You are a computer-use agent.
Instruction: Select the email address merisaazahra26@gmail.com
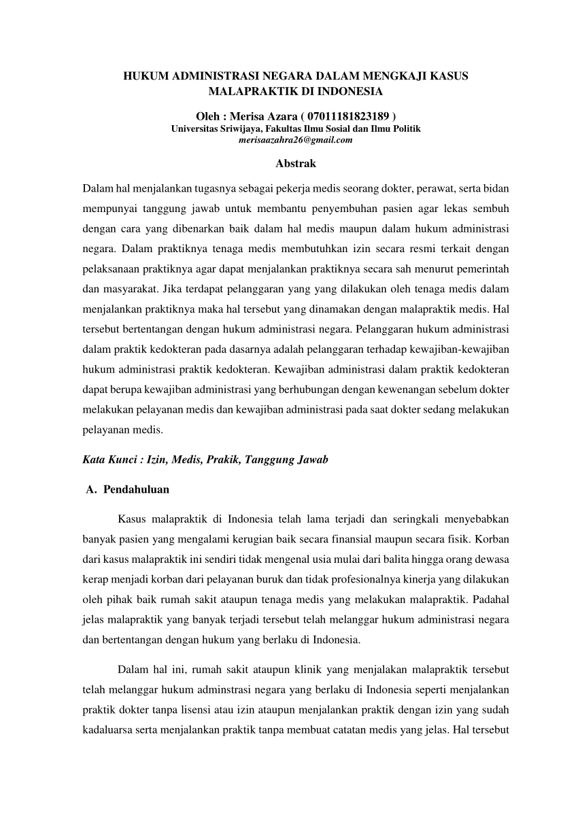point(296,141)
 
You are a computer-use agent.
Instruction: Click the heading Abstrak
point(296,164)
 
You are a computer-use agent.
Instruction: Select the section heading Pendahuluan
point(137,489)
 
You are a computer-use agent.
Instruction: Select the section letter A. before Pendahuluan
point(92,489)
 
